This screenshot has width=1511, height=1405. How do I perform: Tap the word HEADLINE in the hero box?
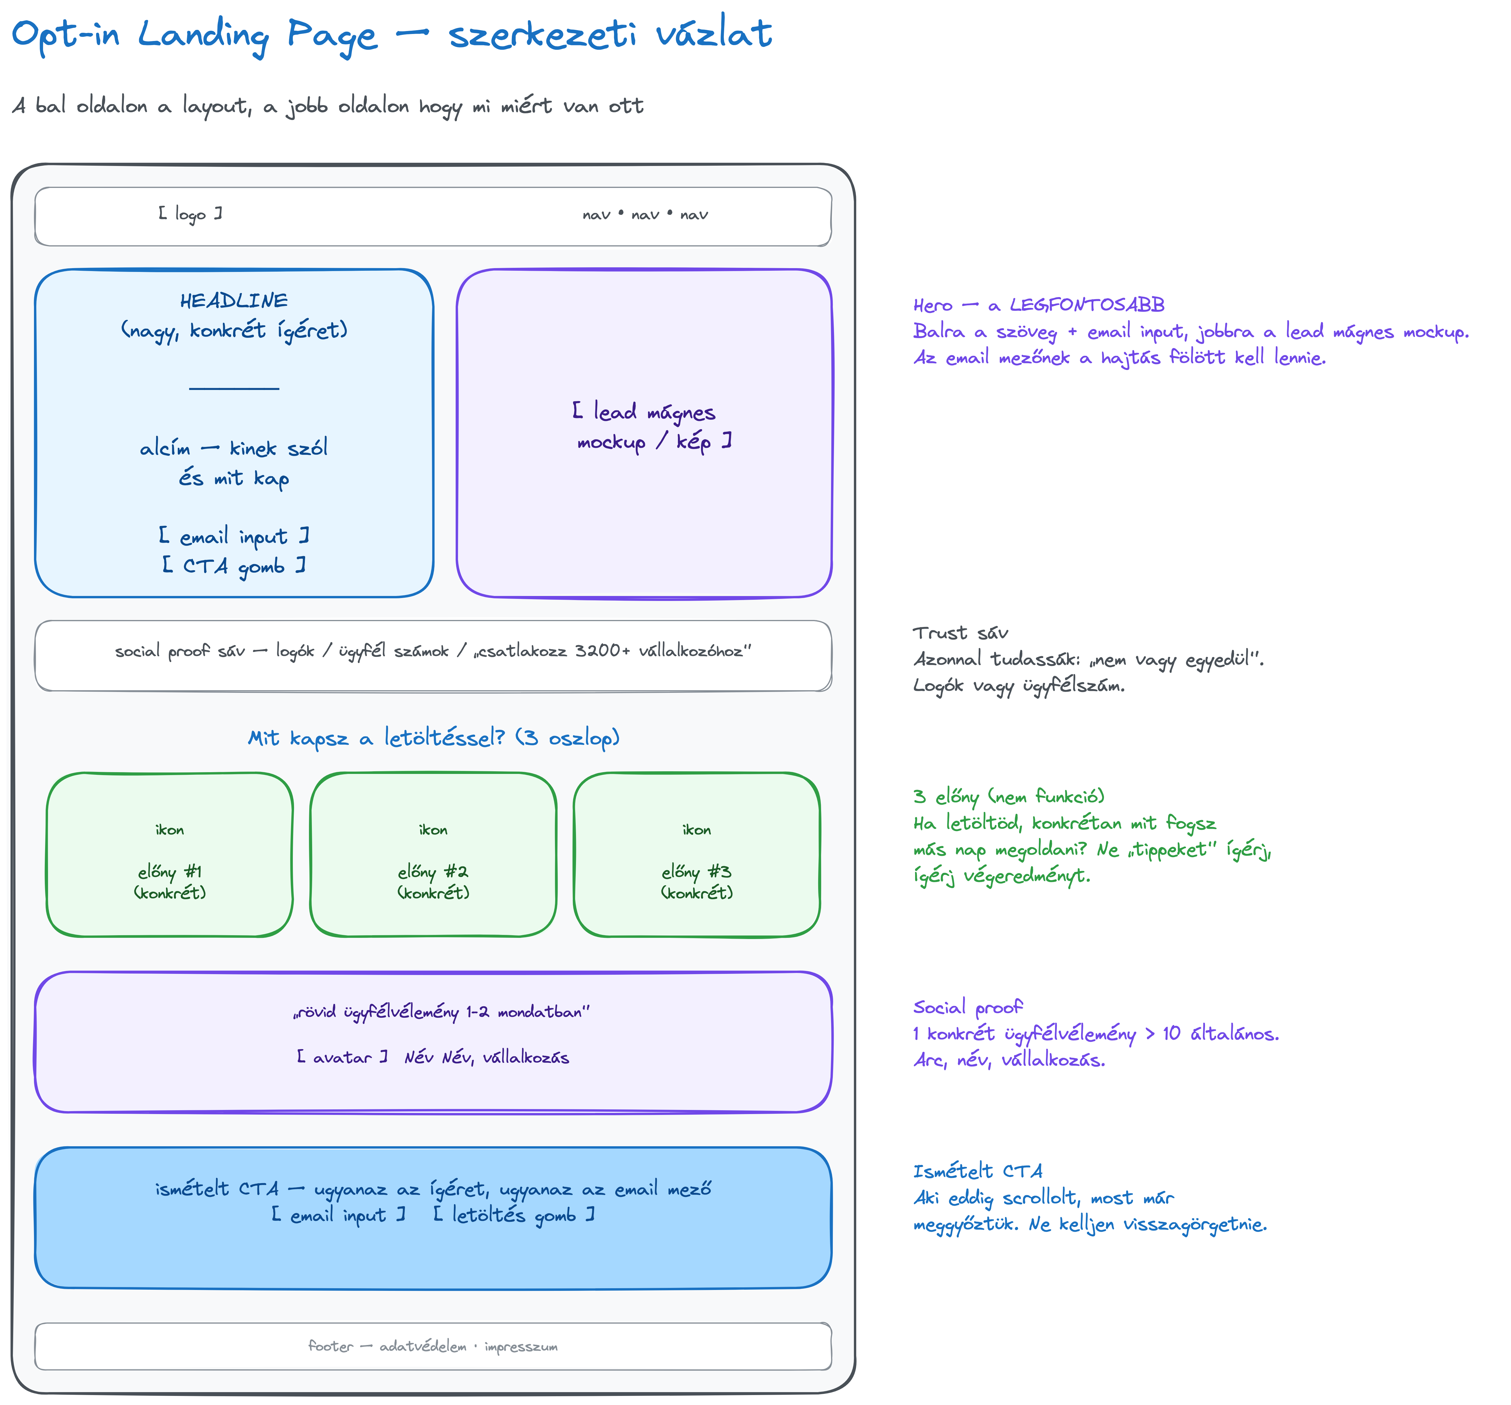tap(234, 301)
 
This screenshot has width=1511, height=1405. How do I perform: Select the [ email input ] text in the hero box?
tap(234, 537)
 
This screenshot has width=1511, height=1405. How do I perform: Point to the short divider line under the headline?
tap(234, 388)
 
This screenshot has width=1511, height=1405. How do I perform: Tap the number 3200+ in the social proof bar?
tap(602, 650)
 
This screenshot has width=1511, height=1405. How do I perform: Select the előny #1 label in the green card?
tap(170, 872)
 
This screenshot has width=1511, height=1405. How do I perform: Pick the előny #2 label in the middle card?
tap(433, 872)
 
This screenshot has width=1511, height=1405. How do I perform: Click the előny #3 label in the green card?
tap(697, 872)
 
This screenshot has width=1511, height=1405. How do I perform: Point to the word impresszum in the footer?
tap(522, 1346)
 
